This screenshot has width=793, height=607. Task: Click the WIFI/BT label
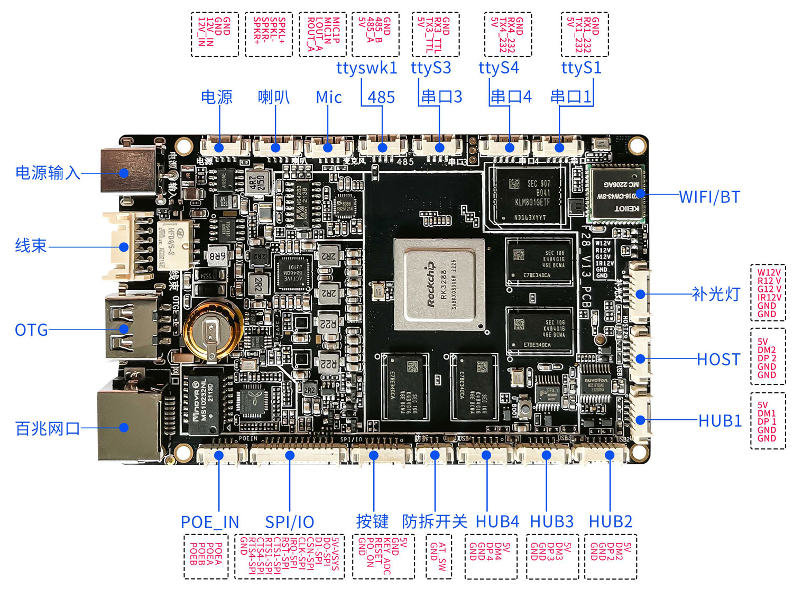(x=709, y=197)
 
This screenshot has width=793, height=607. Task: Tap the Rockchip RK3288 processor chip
(x=439, y=284)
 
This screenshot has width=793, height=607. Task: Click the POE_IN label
(x=210, y=522)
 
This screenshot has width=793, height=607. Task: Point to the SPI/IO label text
(x=289, y=522)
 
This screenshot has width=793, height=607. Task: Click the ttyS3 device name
(x=431, y=68)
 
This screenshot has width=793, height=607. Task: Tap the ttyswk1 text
(x=366, y=68)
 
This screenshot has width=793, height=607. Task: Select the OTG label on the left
(x=31, y=330)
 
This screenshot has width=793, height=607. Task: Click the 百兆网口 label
(x=48, y=428)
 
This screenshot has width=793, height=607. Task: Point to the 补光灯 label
(x=715, y=294)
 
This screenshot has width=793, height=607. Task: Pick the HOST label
(x=718, y=360)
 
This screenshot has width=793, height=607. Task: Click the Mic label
(x=328, y=97)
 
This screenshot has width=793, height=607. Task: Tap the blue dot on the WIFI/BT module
(x=640, y=194)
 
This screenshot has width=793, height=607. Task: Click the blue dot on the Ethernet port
(x=124, y=427)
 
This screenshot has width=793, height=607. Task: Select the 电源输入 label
(x=48, y=172)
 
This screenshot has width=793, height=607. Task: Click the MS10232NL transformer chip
(x=203, y=404)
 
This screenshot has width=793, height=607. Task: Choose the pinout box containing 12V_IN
(x=214, y=34)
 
